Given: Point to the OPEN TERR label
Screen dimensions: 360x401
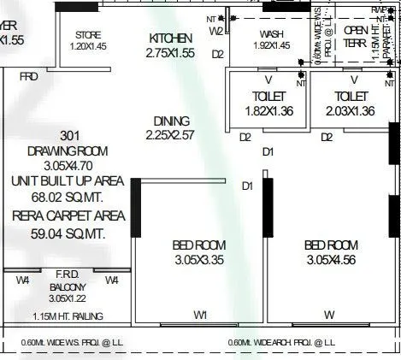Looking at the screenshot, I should tap(355, 35).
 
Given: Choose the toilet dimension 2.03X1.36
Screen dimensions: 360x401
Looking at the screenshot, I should tap(351, 111).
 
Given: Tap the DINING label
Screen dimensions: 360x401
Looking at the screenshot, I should tap(171, 121).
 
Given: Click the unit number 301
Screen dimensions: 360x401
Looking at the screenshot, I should tap(71, 136).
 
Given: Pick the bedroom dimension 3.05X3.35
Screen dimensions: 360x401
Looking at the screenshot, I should tap(199, 260).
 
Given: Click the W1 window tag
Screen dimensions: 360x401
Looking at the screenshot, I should tap(200, 316).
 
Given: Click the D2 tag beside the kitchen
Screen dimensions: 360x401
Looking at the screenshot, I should tap(218, 54).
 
